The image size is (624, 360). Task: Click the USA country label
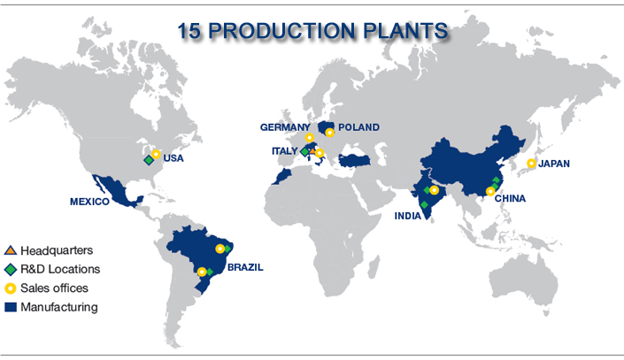pyautogui.click(x=173, y=158)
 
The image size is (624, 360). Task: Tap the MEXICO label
pyautogui.click(x=89, y=202)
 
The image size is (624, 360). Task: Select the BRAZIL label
pyautogui.click(x=245, y=267)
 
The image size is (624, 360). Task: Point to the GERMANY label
pyautogui.click(x=285, y=127)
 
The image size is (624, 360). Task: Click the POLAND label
pyautogui.click(x=358, y=127)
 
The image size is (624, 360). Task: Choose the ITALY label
pyautogui.click(x=284, y=151)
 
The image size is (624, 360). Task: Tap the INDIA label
pyautogui.click(x=407, y=216)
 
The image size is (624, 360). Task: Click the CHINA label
pyautogui.click(x=510, y=198)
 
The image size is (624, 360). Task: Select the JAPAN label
pyautogui.click(x=554, y=164)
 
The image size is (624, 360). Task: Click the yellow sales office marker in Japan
pyautogui.click(x=531, y=163)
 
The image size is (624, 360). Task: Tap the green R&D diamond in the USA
pyautogui.click(x=149, y=160)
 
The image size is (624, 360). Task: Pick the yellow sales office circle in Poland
pyautogui.click(x=329, y=133)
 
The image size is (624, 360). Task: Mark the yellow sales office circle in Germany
pyautogui.click(x=309, y=138)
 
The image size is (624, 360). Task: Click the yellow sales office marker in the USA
pyautogui.click(x=156, y=154)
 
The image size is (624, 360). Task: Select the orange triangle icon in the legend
pyautogui.click(x=11, y=250)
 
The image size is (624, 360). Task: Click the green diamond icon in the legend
pyautogui.click(x=11, y=269)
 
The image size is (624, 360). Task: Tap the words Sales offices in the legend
pyautogui.click(x=55, y=288)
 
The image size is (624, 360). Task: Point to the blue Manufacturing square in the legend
pyautogui.click(x=11, y=307)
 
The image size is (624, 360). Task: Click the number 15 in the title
pyautogui.click(x=189, y=31)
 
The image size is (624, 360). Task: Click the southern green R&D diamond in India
pyautogui.click(x=424, y=205)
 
